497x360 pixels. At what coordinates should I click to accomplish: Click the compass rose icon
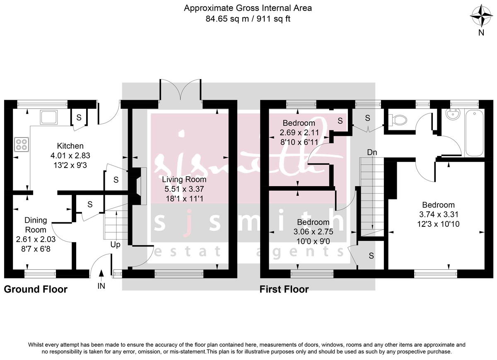(x=481, y=17)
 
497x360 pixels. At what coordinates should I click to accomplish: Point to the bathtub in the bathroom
(x=474, y=132)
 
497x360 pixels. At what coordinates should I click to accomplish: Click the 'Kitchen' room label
(x=70, y=146)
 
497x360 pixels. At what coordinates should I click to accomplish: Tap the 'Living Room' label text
(x=184, y=180)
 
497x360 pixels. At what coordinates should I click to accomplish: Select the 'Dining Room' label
(x=35, y=225)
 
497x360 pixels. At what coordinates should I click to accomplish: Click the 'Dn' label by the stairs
(x=372, y=152)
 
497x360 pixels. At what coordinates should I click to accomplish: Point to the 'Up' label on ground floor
(x=115, y=245)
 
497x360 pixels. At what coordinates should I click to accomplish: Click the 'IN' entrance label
(x=101, y=286)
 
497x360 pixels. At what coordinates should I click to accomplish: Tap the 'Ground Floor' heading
(x=36, y=289)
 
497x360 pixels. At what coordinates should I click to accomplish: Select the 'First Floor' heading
(x=284, y=289)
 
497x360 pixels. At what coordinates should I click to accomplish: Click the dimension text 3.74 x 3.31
(x=438, y=214)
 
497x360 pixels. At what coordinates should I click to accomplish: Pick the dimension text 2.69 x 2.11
(x=299, y=132)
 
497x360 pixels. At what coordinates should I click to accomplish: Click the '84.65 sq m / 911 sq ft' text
(x=248, y=19)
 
